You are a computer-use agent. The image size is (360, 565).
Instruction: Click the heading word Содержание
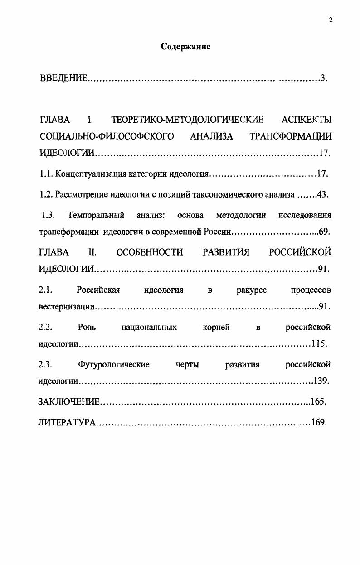[186, 47]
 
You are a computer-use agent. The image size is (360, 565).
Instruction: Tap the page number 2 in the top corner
[331, 19]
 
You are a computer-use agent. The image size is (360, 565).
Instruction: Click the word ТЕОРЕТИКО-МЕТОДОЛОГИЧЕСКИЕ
[187, 120]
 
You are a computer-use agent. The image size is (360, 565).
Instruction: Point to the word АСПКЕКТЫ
[306, 120]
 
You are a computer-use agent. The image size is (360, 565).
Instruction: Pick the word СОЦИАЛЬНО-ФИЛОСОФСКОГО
[107, 136]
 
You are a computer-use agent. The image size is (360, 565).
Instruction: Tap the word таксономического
[225, 195]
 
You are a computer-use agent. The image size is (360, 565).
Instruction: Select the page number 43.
[322, 195]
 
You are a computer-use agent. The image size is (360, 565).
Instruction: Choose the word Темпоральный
[96, 215]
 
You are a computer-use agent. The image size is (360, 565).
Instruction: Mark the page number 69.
[324, 232]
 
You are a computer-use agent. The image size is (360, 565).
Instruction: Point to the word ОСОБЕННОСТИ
[150, 252]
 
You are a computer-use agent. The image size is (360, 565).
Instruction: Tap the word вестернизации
[66, 307]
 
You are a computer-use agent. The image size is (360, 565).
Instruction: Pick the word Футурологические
[114, 364]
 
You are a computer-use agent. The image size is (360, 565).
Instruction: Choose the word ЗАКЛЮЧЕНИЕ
[68, 401]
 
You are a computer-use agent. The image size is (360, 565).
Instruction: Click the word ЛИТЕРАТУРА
[66, 422]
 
